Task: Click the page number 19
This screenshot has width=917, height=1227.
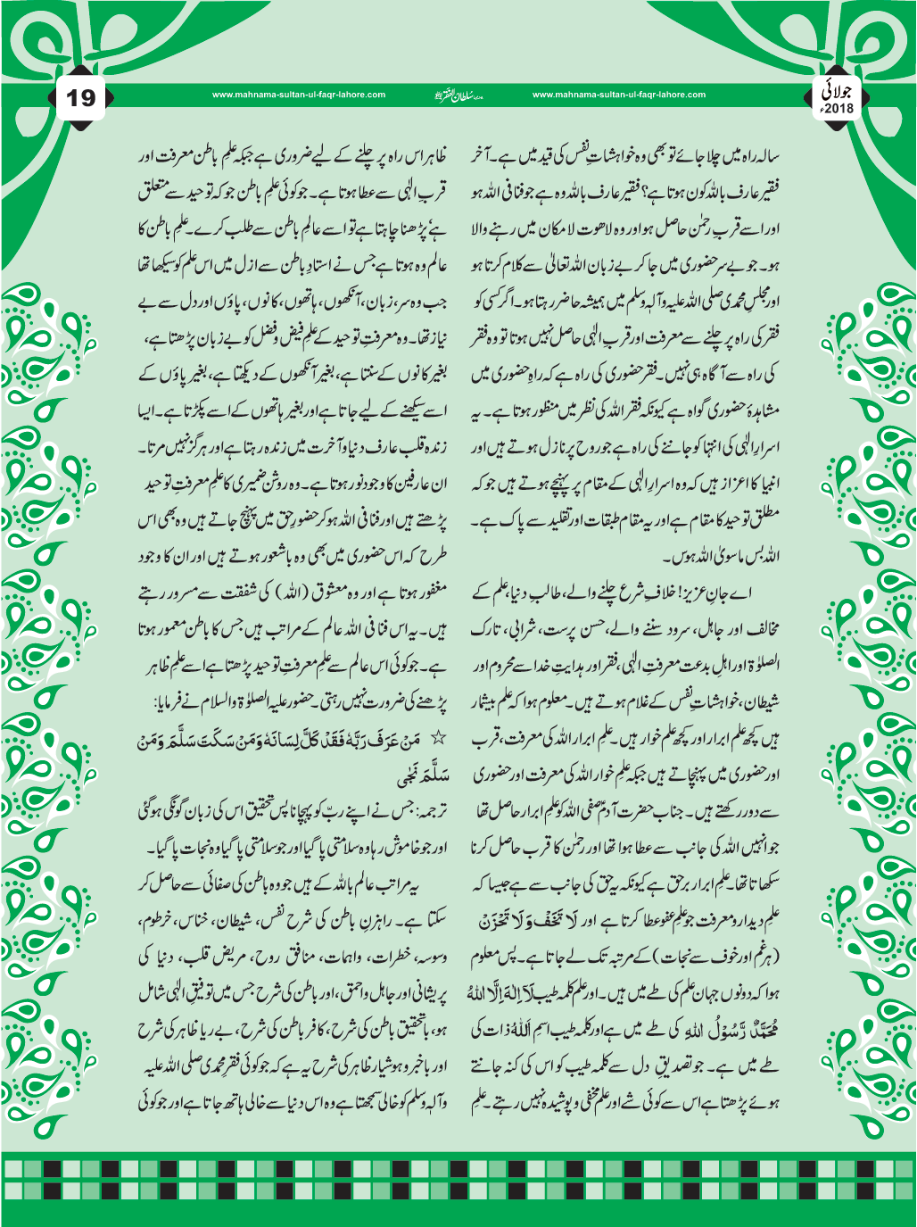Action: click(81, 96)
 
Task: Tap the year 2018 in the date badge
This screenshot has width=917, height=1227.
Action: click(839, 109)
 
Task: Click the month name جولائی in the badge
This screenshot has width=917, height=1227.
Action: click(840, 91)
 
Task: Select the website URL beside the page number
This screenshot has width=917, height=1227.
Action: click(299, 95)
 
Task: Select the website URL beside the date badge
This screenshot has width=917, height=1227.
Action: click(618, 95)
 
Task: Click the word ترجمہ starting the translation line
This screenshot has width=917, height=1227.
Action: click(427, 811)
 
